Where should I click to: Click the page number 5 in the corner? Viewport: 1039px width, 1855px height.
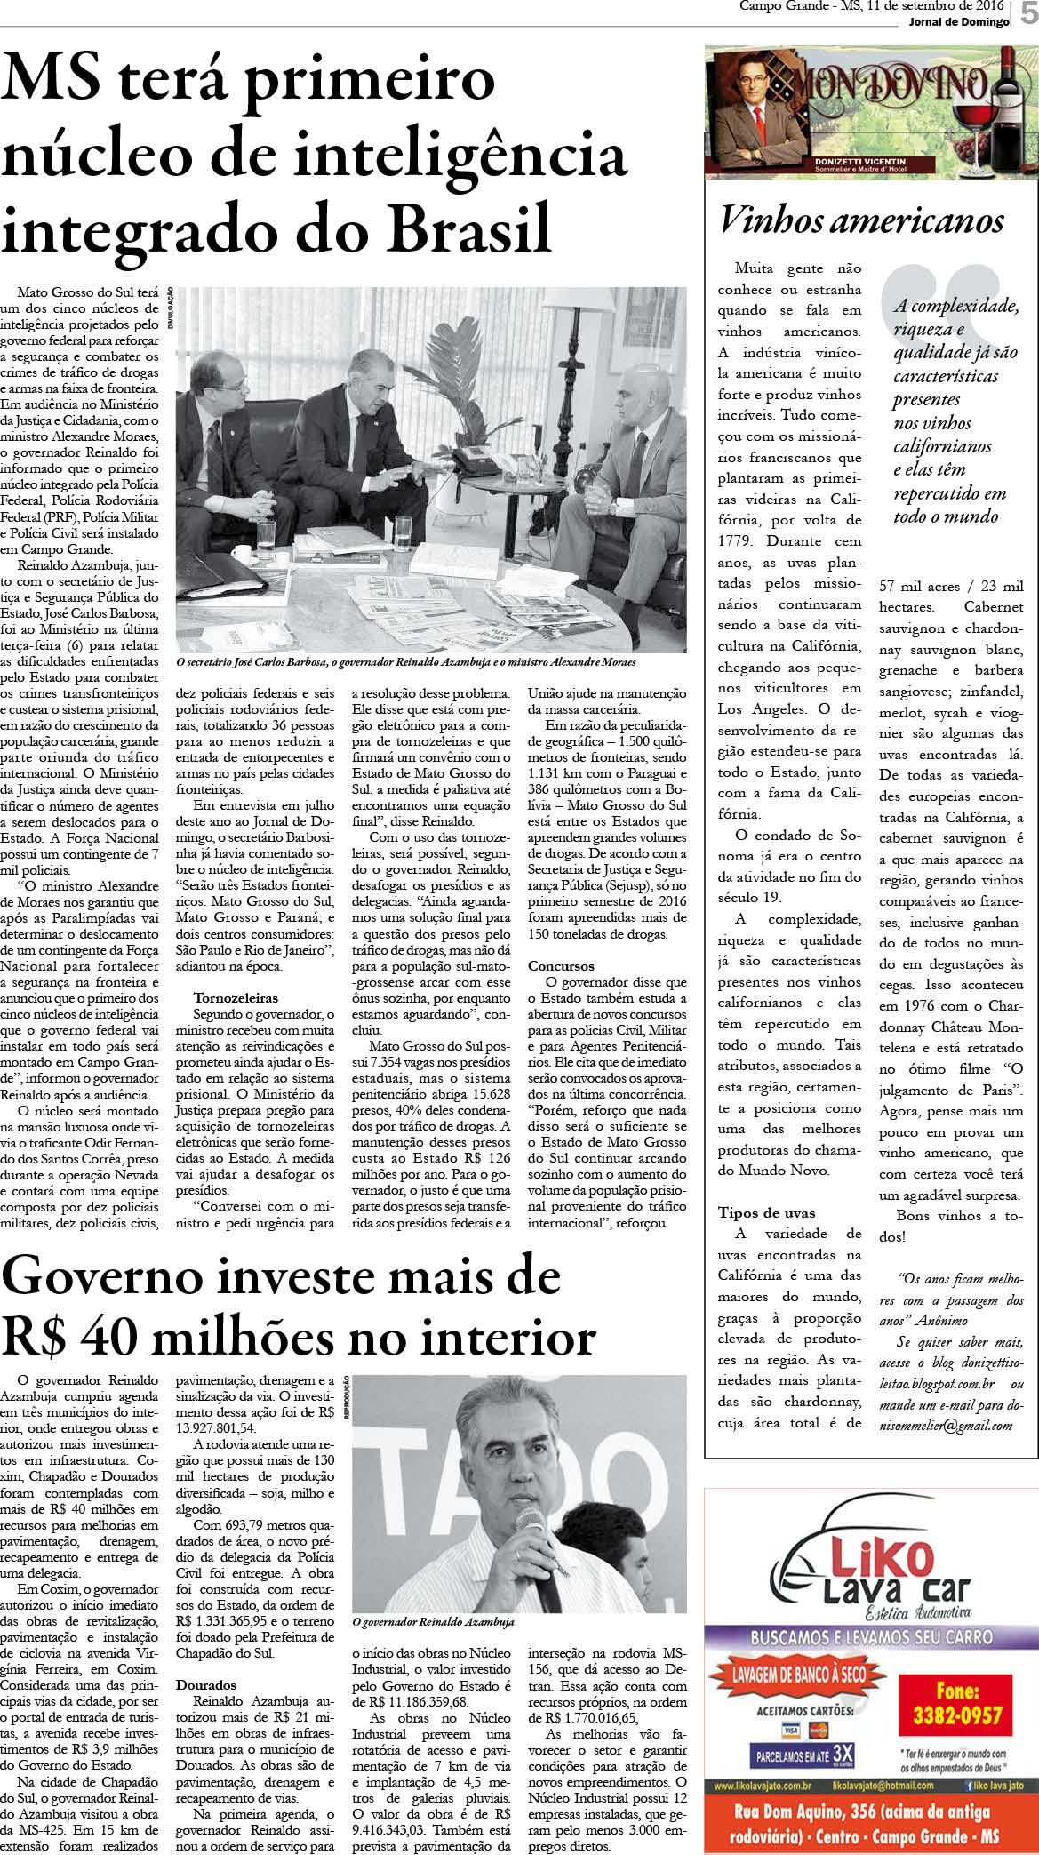click(1028, 15)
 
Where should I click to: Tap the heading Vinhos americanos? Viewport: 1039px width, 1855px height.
click(861, 220)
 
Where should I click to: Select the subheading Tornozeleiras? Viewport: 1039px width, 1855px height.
click(236, 998)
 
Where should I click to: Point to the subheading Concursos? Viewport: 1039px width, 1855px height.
click(561, 966)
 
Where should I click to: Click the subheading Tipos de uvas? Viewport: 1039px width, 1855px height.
click(766, 1212)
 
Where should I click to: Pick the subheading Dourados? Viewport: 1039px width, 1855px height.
click(206, 1684)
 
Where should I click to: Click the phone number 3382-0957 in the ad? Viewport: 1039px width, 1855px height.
click(957, 1715)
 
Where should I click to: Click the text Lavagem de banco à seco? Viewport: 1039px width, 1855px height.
click(800, 1675)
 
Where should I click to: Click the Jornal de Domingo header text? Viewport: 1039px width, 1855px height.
click(959, 21)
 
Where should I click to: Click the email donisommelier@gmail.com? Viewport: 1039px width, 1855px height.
click(946, 1425)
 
